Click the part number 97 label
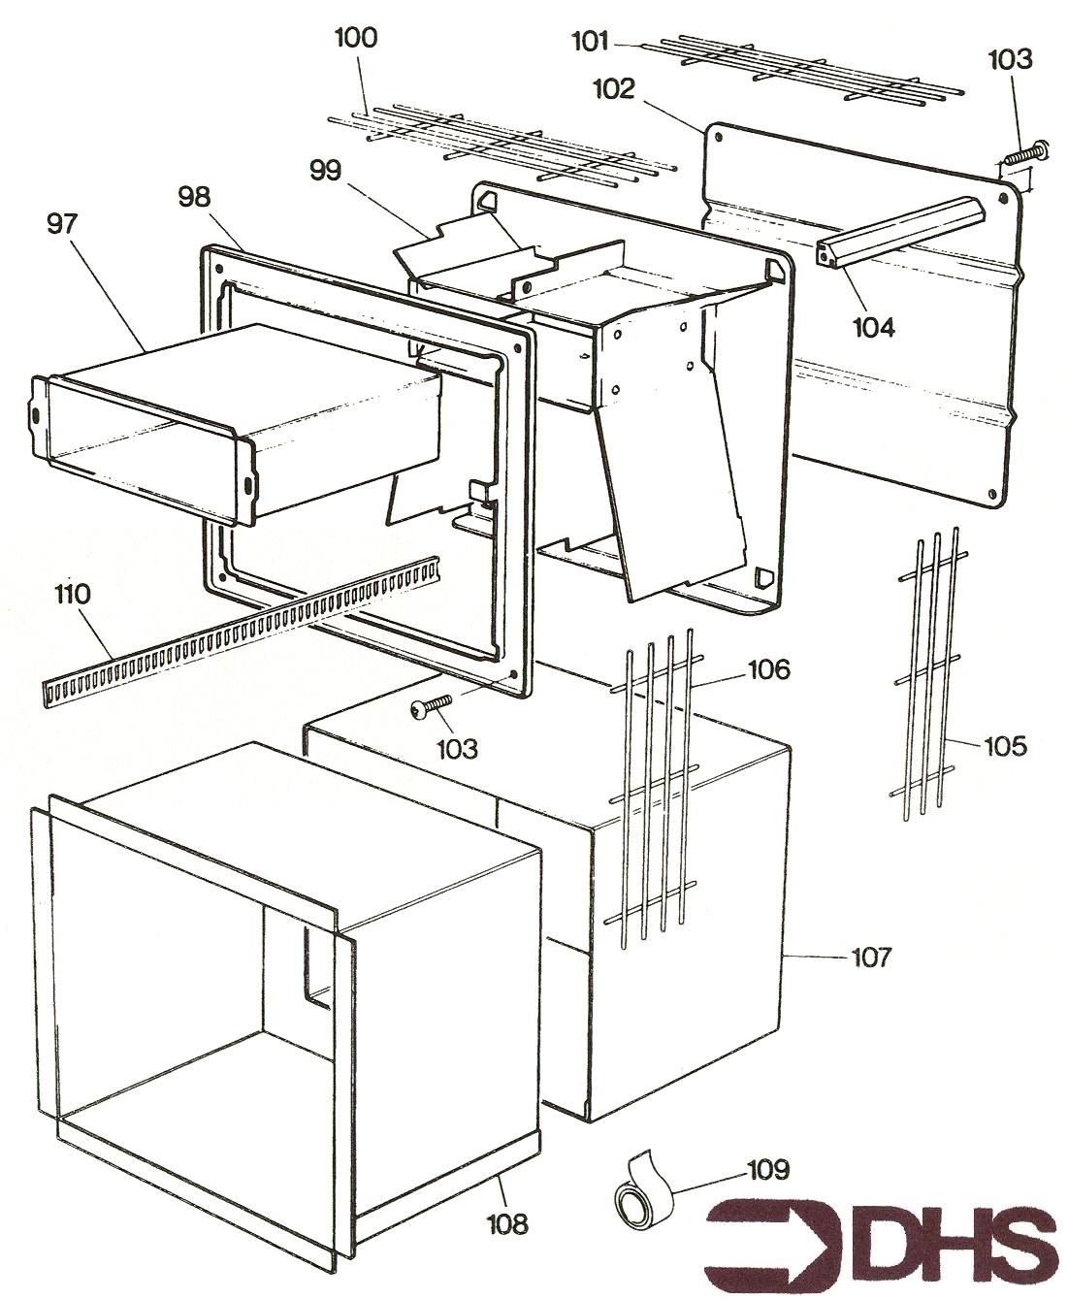tap(66, 225)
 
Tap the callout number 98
tap(193, 197)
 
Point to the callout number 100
tap(355, 39)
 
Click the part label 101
tap(590, 42)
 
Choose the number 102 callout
tap(614, 90)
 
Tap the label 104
tap(873, 327)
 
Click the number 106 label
tap(768, 669)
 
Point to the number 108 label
tap(507, 1224)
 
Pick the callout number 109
tap(768, 1169)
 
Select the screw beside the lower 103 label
tap(432, 706)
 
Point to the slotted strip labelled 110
tap(243, 631)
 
